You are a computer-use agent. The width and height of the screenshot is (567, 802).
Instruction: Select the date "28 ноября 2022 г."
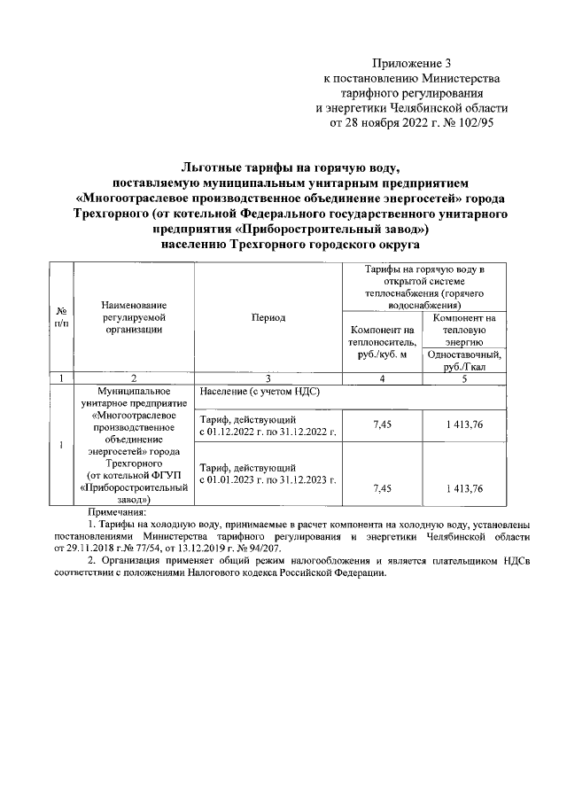tap(385, 123)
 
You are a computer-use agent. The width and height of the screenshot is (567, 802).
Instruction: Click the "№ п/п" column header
tap(60, 316)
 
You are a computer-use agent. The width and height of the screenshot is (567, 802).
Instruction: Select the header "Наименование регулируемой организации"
tap(133, 316)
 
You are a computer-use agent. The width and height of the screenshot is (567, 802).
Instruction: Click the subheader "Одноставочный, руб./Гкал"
tap(464, 362)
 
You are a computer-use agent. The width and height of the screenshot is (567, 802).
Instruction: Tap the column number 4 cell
tap(383, 378)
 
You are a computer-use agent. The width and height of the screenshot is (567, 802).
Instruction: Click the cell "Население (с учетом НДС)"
tap(259, 392)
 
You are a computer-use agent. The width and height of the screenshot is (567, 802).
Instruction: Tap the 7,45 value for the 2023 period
tap(383, 488)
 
